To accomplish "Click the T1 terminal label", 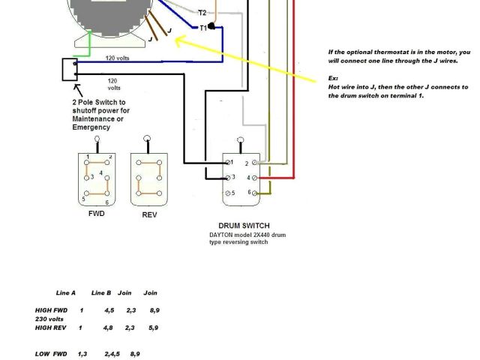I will coord(202,28).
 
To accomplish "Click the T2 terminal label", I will coord(202,13).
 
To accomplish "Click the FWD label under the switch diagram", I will coord(96,214).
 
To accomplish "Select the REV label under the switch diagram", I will coord(149,214).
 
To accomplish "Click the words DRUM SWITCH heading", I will coord(244,226).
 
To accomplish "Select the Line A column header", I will coord(67,292).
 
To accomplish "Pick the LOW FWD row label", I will coord(51,353).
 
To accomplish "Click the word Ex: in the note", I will coord(333,78).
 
